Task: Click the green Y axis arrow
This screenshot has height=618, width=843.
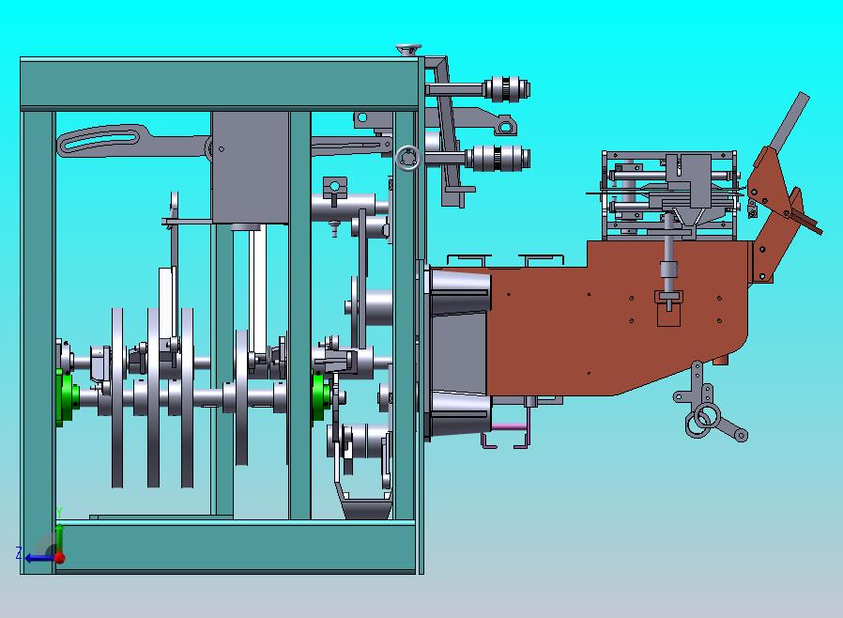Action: (59, 535)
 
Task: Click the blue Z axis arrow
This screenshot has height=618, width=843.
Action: (38, 558)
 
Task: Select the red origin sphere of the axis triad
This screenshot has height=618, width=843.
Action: (59, 558)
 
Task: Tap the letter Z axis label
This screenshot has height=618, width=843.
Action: (19, 553)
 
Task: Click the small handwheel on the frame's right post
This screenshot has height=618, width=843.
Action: (408, 159)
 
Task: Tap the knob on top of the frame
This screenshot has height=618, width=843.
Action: (408, 51)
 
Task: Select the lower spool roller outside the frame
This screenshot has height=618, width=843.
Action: (498, 158)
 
